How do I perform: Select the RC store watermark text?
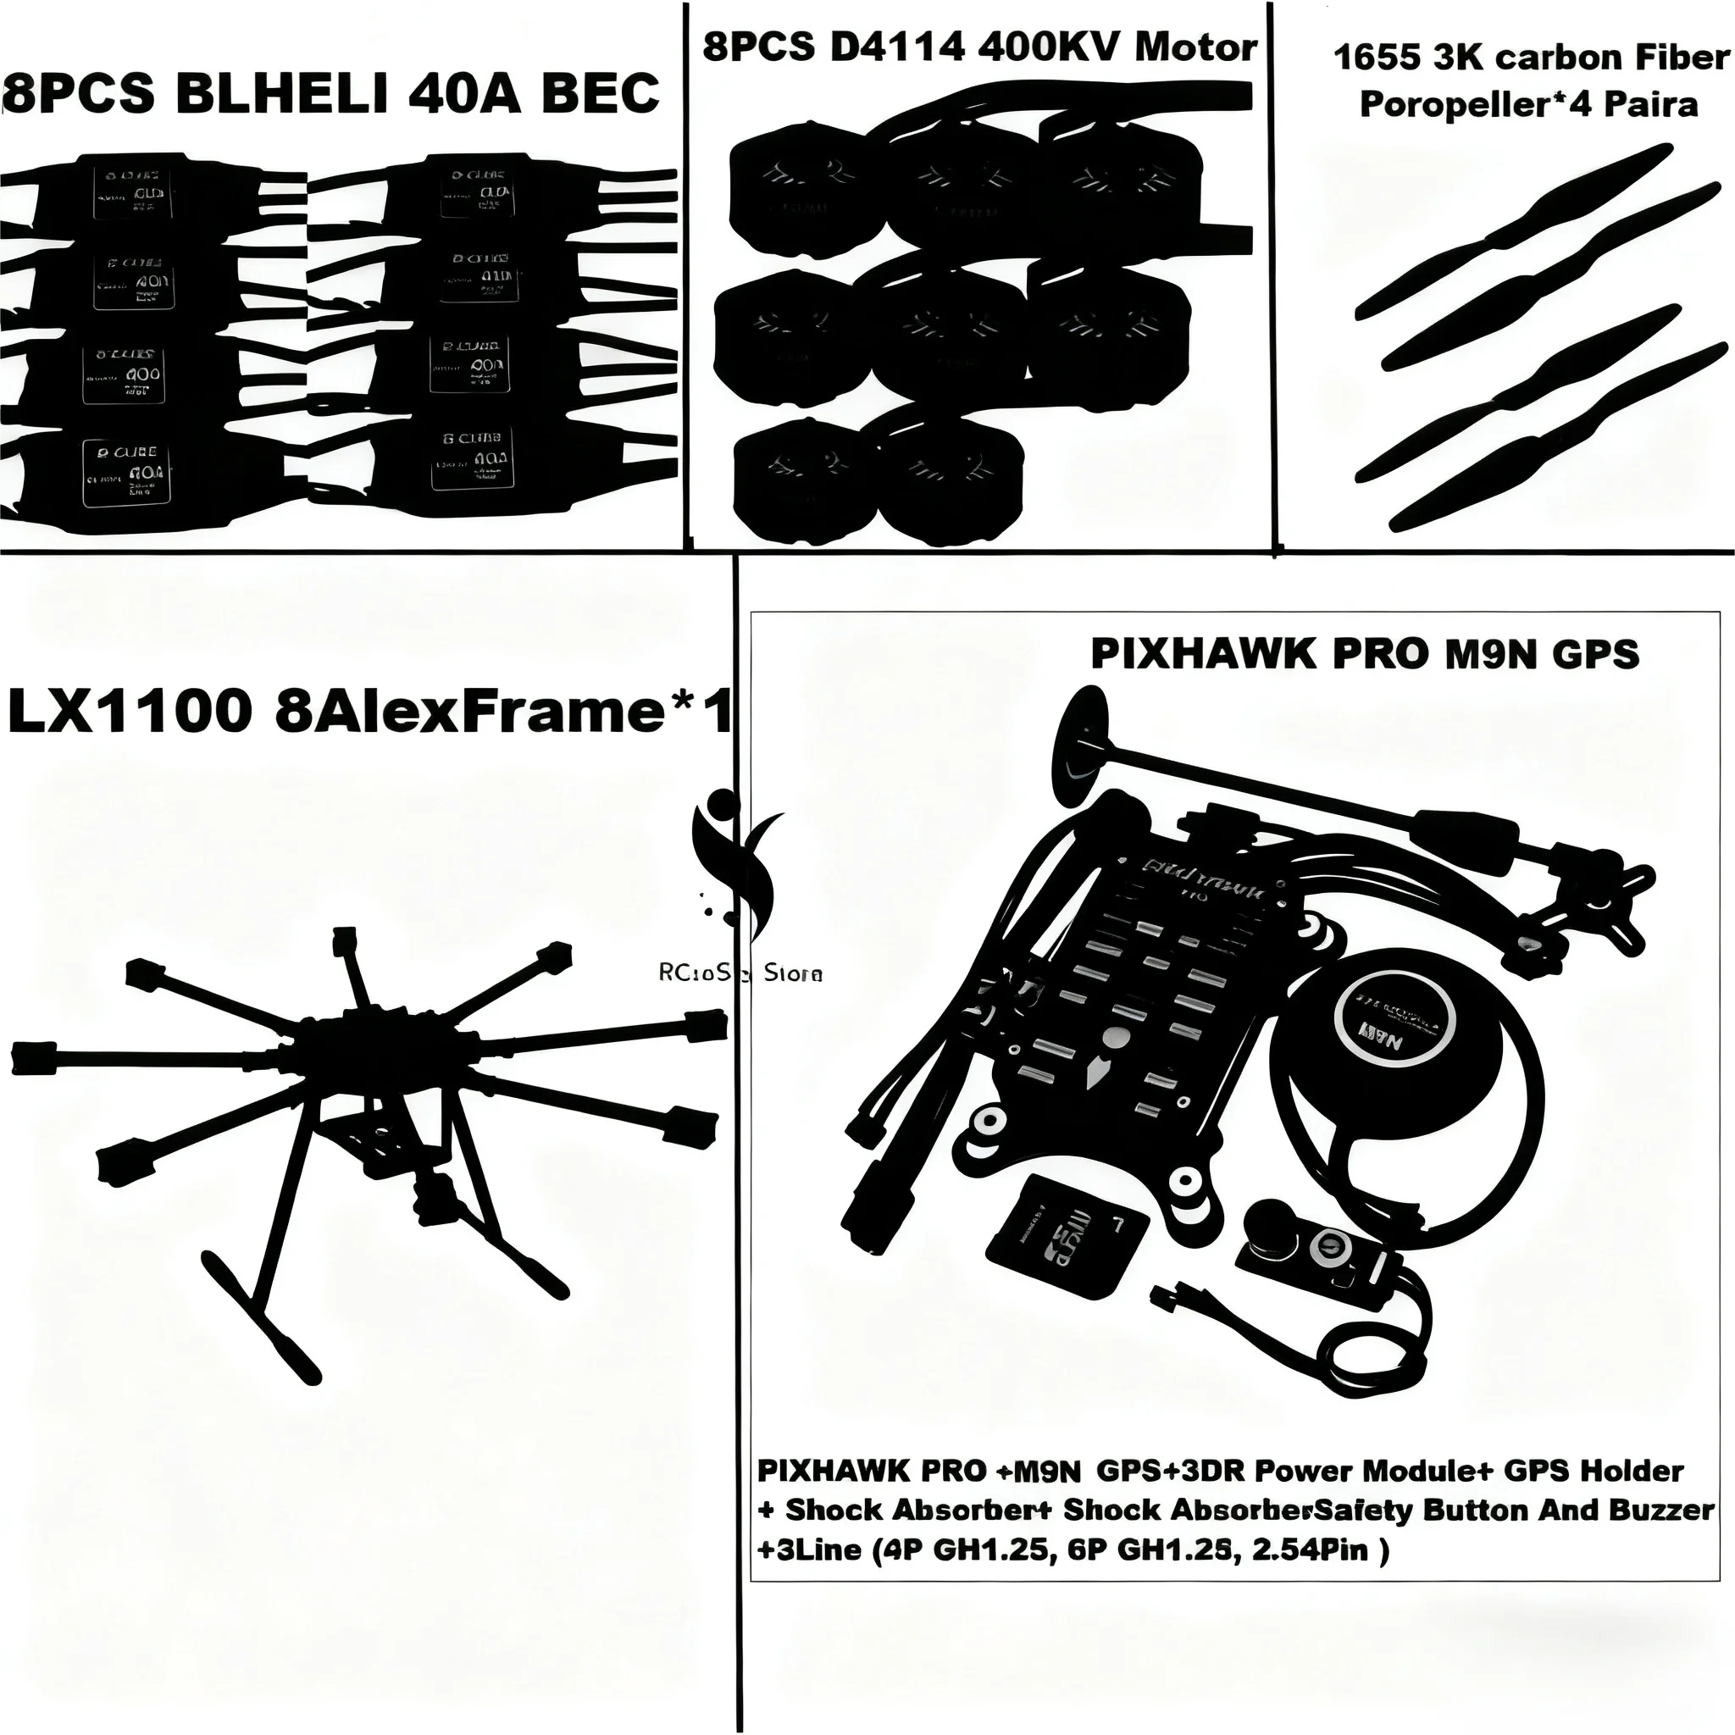point(740,973)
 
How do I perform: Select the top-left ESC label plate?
point(133,191)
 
